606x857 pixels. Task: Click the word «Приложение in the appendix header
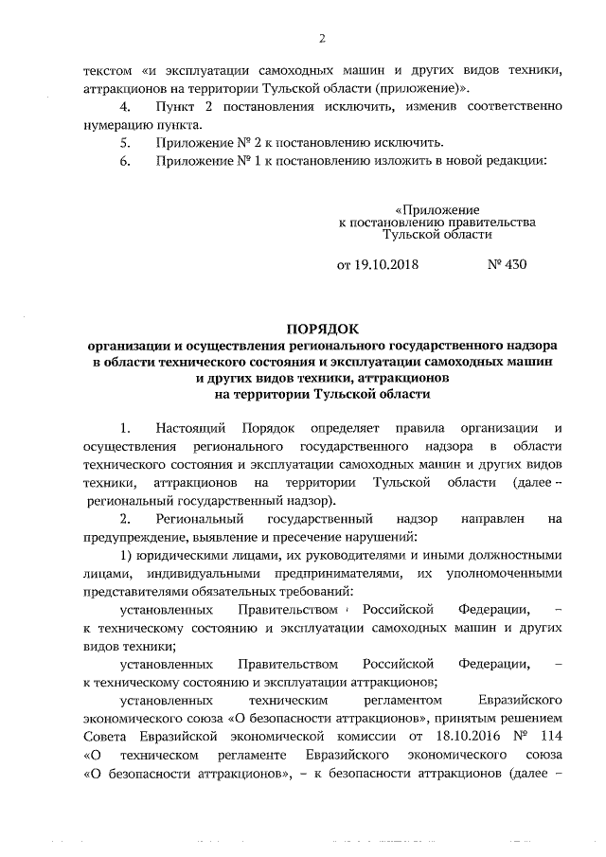click(x=437, y=209)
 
